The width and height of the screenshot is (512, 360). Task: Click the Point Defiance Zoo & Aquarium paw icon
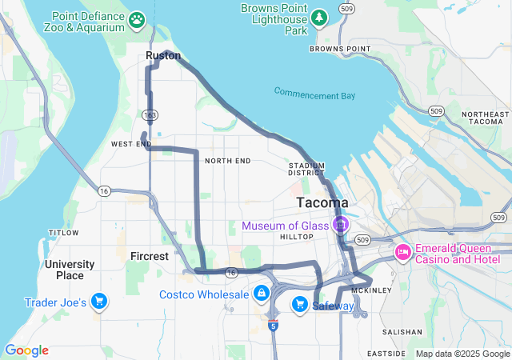pyautogui.click(x=138, y=18)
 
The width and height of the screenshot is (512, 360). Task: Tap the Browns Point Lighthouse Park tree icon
pyautogui.click(x=319, y=16)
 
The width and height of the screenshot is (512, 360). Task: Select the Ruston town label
pyautogui.click(x=163, y=56)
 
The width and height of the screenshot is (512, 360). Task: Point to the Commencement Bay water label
pyautogui.click(x=314, y=94)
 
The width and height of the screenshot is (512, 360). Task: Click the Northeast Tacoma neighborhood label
pyautogui.click(x=485, y=117)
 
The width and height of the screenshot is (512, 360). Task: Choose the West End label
pyautogui.click(x=131, y=144)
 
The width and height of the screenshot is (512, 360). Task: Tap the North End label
pyautogui.click(x=227, y=161)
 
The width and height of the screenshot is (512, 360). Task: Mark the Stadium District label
pyautogui.click(x=306, y=169)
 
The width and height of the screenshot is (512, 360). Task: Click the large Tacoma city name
pyautogui.click(x=322, y=202)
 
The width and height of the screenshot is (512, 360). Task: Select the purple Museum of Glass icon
pyautogui.click(x=341, y=225)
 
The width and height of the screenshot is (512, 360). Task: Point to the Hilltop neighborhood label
pyautogui.click(x=295, y=238)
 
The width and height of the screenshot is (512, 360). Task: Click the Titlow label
pyautogui.click(x=63, y=233)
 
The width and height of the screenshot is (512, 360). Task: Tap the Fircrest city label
pyautogui.click(x=150, y=257)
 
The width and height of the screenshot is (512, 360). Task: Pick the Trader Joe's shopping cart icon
pyautogui.click(x=99, y=301)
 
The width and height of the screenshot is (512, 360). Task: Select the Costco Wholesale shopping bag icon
pyautogui.click(x=261, y=294)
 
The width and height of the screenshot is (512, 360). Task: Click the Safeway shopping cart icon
pyautogui.click(x=300, y=303)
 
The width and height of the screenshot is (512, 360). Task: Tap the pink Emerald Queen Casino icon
pyautogui.click(x=403, y=254)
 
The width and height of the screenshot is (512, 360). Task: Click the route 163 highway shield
pyautogui.click(x=150, y=116)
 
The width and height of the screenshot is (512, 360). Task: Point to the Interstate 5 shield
pyautogui.click(x=274, y=326)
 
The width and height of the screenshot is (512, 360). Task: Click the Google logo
pyautogui.click(x=26, y=350)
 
